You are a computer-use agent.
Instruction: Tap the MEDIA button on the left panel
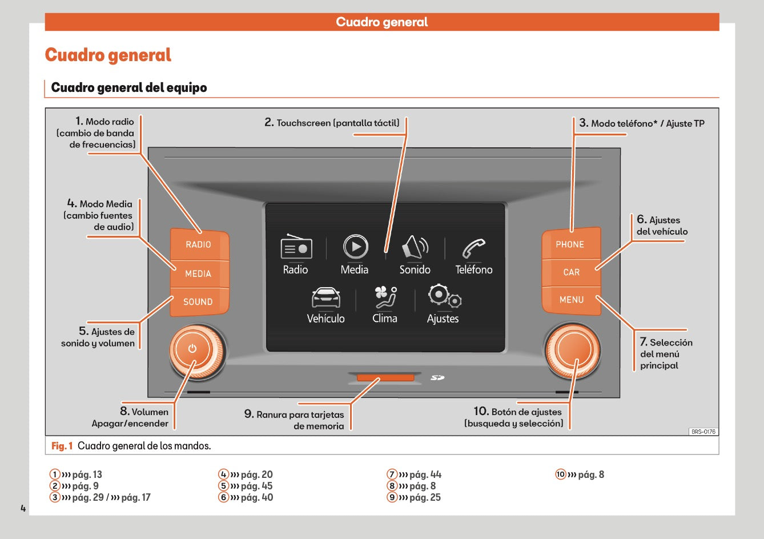[198, 273]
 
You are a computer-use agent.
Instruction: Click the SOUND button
[198, 301]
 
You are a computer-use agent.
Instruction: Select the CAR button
[571, 272]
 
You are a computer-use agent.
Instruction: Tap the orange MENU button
[571, 300]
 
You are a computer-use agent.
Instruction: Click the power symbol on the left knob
[192, 349]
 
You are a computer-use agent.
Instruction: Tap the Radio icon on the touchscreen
[296, 247]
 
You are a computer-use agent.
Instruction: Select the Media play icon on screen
[355, 247]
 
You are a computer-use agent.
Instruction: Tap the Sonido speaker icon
[415, 247]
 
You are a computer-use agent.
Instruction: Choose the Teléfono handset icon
[473, 248]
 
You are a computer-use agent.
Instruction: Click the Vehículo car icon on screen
[325, 297]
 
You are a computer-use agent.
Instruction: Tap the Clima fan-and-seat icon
[385, 297]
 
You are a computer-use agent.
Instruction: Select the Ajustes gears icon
[444, 296]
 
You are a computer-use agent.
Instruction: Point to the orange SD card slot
[385, 377]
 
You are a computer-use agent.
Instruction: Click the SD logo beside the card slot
[437, 377]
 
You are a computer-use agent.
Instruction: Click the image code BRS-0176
[703, 432]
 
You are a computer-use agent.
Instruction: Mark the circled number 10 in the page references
[560, 474]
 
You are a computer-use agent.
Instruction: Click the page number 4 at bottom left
[23, 508]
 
